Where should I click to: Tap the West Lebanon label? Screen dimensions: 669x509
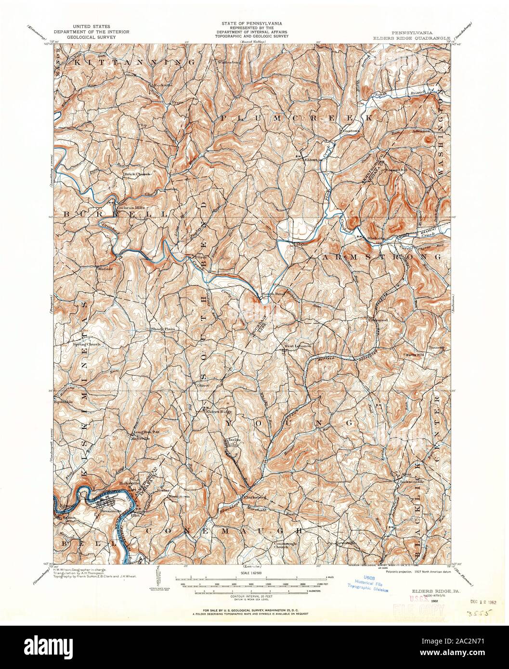[298, 346]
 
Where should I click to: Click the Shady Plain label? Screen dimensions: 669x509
[162, 329]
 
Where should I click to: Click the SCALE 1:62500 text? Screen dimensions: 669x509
[252, 573]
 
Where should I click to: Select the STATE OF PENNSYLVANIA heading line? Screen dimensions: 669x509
[252, 23]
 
